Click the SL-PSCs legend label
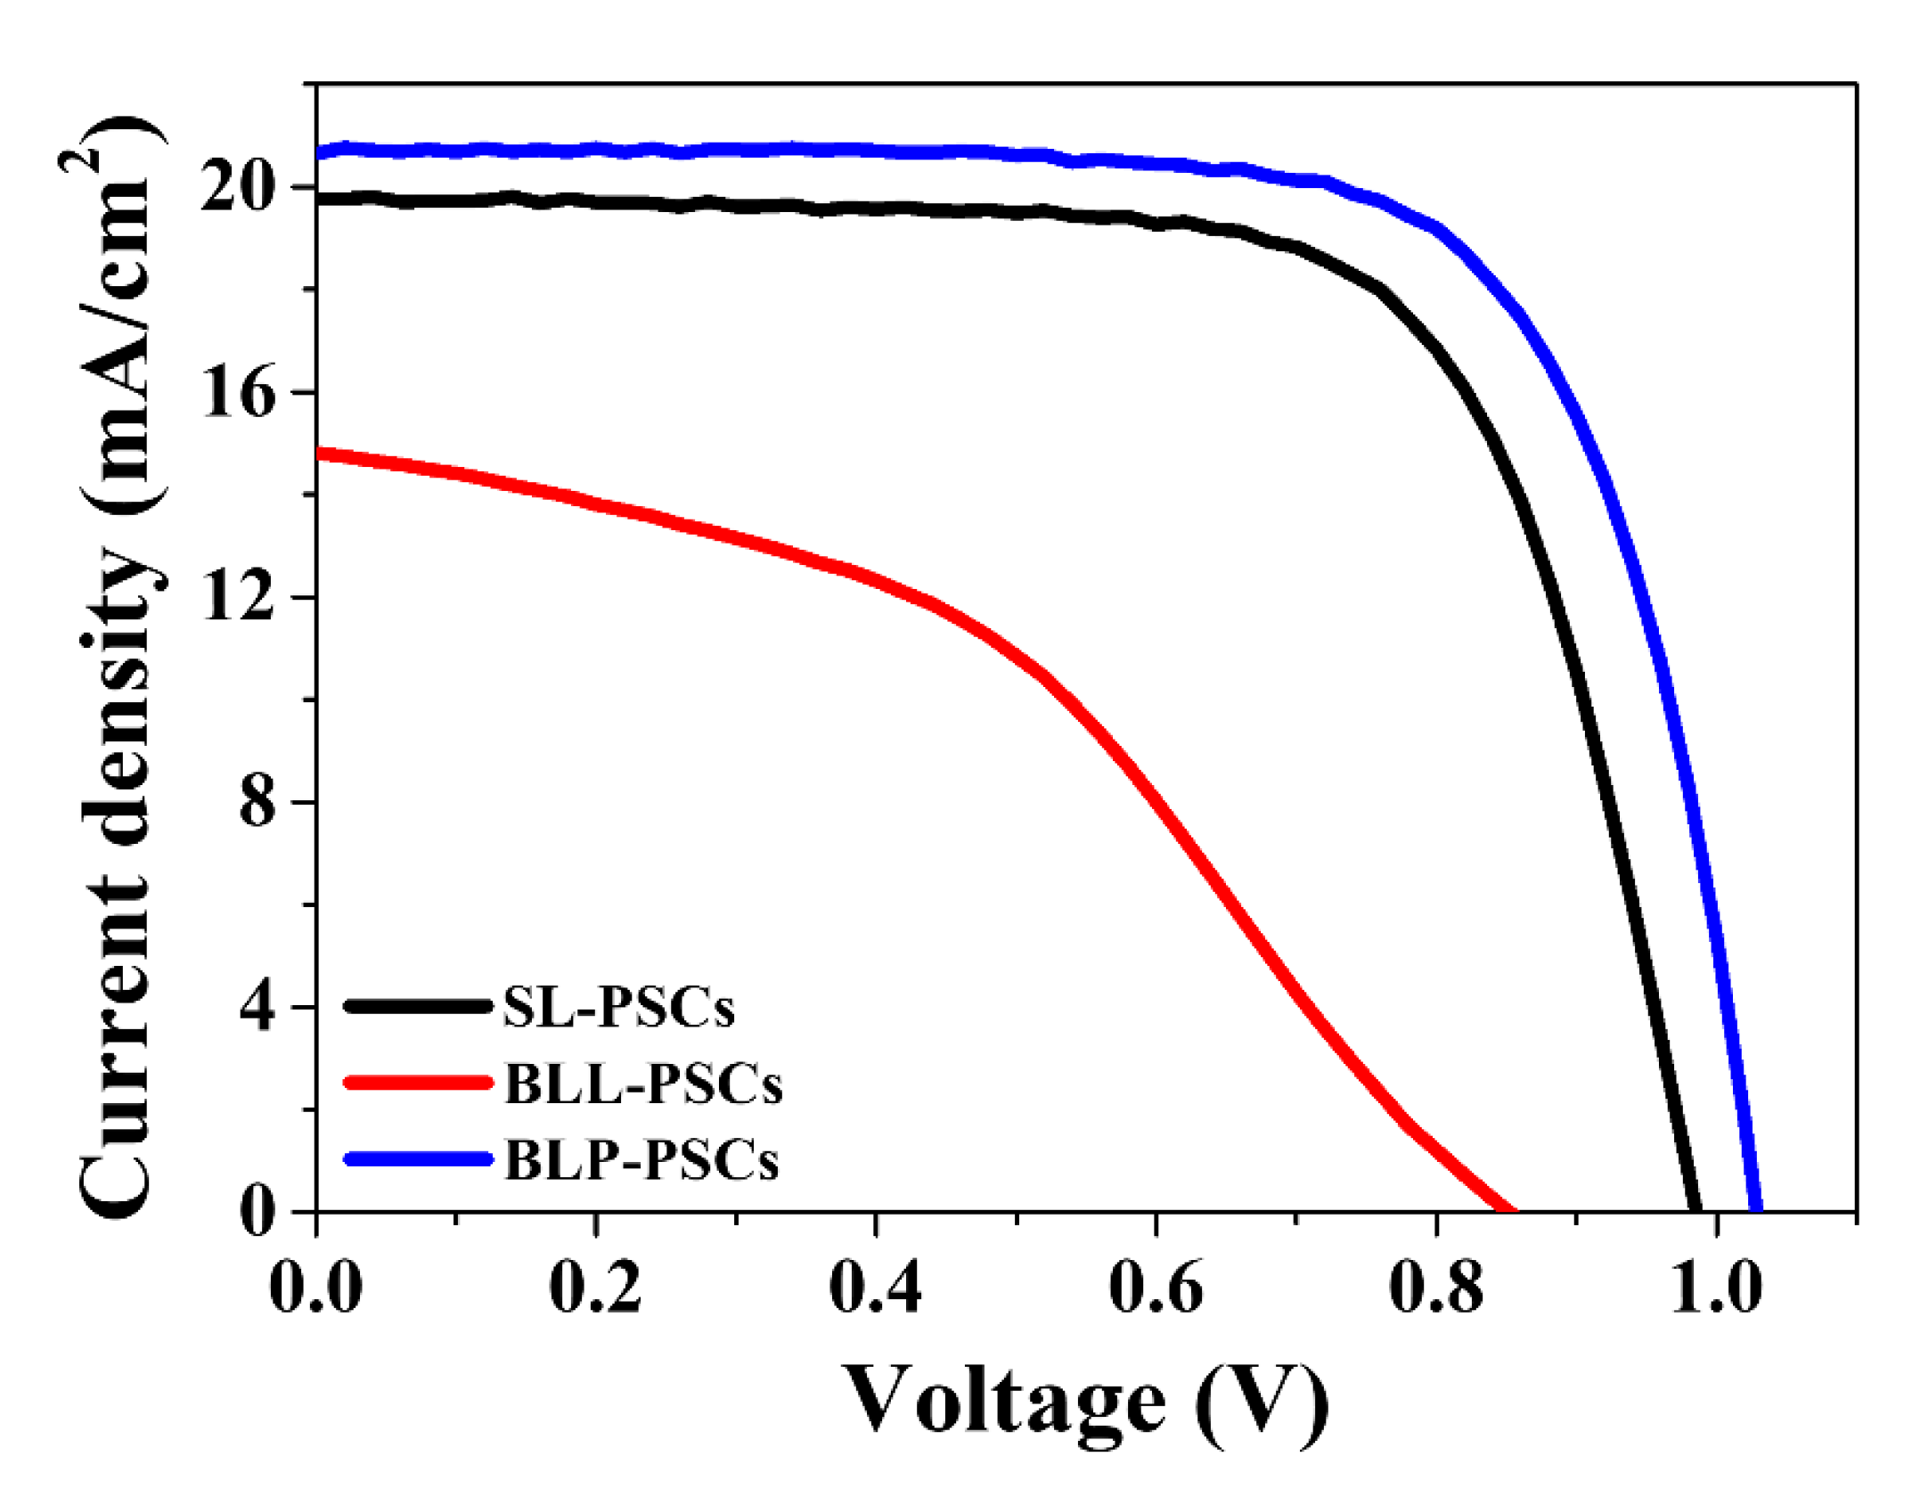[618, 1008]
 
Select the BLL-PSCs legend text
[643, 1084]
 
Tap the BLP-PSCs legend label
[641, 1160]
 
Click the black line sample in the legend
[418, 1006]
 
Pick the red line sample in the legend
[418, 1083]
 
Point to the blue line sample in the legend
[418, 1158]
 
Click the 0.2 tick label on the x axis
[595, 1288]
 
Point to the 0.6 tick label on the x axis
[1156, 1288]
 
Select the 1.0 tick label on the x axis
[1716, 1288]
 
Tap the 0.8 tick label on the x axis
[1436, 1288]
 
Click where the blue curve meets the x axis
[1756, 1208]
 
